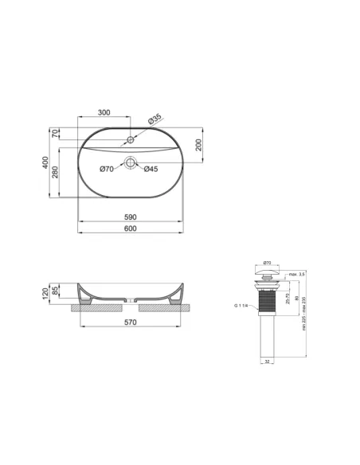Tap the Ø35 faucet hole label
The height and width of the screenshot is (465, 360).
pyautogui.click(x=155, y=119)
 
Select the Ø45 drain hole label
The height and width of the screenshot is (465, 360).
pyautogui.click(x=151, y=168)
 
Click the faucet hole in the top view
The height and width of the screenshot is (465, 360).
pyautogui.click(x=131, y=142)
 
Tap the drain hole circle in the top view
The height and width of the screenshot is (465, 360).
pyautogui.click(x=130, y=163)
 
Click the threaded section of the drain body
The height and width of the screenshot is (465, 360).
pyautogui.click(x=267, y=303)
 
